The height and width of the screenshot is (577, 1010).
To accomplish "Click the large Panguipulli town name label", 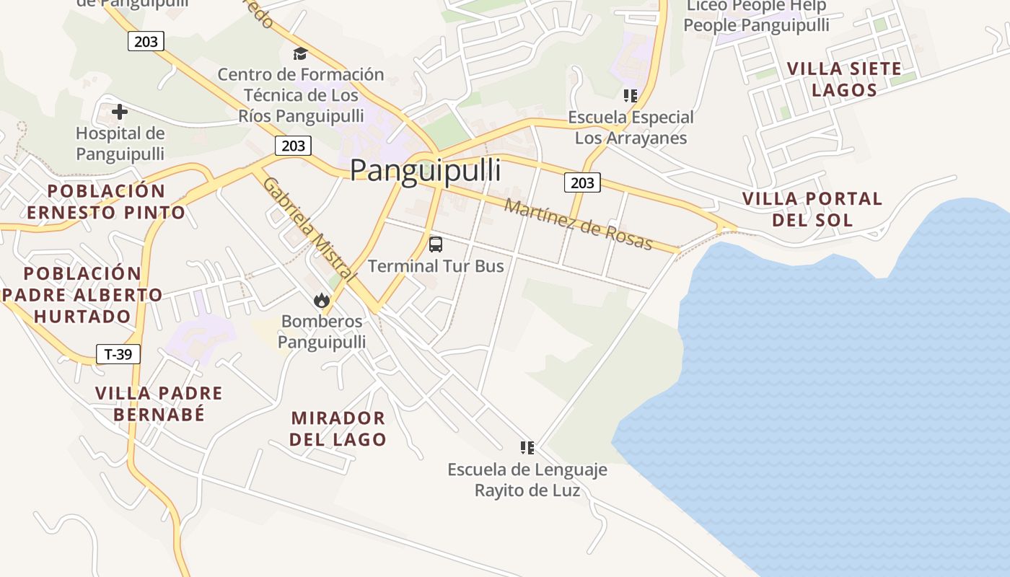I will (426, 171).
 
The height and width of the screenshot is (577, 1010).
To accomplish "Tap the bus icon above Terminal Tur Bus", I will (436, 245).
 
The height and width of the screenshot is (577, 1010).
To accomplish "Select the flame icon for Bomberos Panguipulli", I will (322, 300).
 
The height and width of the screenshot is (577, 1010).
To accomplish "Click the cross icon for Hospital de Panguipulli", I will (120, 112).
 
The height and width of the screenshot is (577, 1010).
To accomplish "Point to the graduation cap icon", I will (300, 53).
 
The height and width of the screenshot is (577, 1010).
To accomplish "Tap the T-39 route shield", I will (118, 354).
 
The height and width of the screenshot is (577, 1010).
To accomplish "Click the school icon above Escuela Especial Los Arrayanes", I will (631, 95).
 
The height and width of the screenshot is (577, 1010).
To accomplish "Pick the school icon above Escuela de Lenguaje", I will (527, 448).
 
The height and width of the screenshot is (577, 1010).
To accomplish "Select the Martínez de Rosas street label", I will (578, 224).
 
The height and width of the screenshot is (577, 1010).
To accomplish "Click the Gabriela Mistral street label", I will (309, 229).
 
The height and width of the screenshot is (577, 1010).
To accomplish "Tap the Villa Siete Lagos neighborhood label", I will (844, 79).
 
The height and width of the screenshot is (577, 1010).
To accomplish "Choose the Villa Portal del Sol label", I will (812, 209).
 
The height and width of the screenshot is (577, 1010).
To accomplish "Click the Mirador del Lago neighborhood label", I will (338, 428).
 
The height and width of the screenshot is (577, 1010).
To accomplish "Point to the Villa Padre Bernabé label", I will (159, 404).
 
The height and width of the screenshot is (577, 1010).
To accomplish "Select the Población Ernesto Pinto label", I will (106, 202).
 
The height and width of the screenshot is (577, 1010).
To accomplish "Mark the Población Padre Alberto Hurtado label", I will (82, 295).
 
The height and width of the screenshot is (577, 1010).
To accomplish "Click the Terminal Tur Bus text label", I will (436, 266).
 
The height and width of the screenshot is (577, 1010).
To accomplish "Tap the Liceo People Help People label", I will (756, 16).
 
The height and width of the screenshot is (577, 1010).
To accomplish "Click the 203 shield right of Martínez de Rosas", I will (582, 183).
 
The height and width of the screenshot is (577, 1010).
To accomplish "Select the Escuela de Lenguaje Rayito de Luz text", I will (527, 480).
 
